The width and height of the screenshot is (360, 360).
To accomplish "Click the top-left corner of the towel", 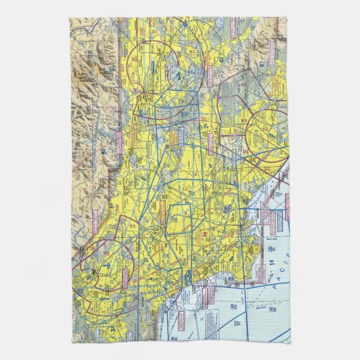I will pyautogui.click(x=69, y=19).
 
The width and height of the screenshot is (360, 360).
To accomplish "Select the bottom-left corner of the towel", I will pyautogui.click(x=71, y=342).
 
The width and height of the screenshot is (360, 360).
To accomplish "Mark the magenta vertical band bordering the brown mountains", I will pyautogui.click(x=120, y=102).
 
